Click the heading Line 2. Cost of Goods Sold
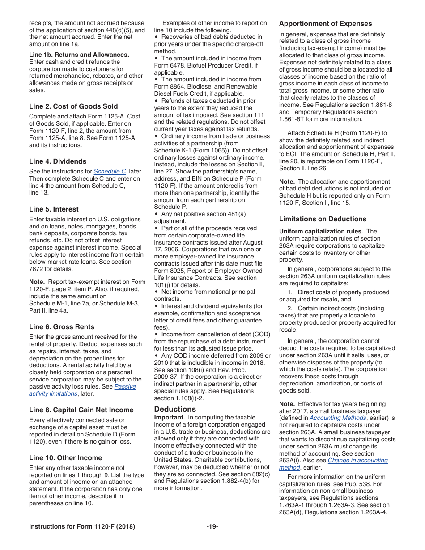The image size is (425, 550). tap(73, 106)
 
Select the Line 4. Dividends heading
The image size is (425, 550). tap(58, 161)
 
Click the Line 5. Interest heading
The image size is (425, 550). tap(54, 209)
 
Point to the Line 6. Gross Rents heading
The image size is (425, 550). tap(62, 327)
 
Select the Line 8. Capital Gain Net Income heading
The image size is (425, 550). tap(81, 410)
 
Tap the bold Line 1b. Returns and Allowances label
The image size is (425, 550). tap(79, 55)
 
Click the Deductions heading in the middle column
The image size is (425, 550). tap(175, 409)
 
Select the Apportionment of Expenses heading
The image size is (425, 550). tap(325, 24)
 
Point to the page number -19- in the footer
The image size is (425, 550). tap(212, 526)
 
